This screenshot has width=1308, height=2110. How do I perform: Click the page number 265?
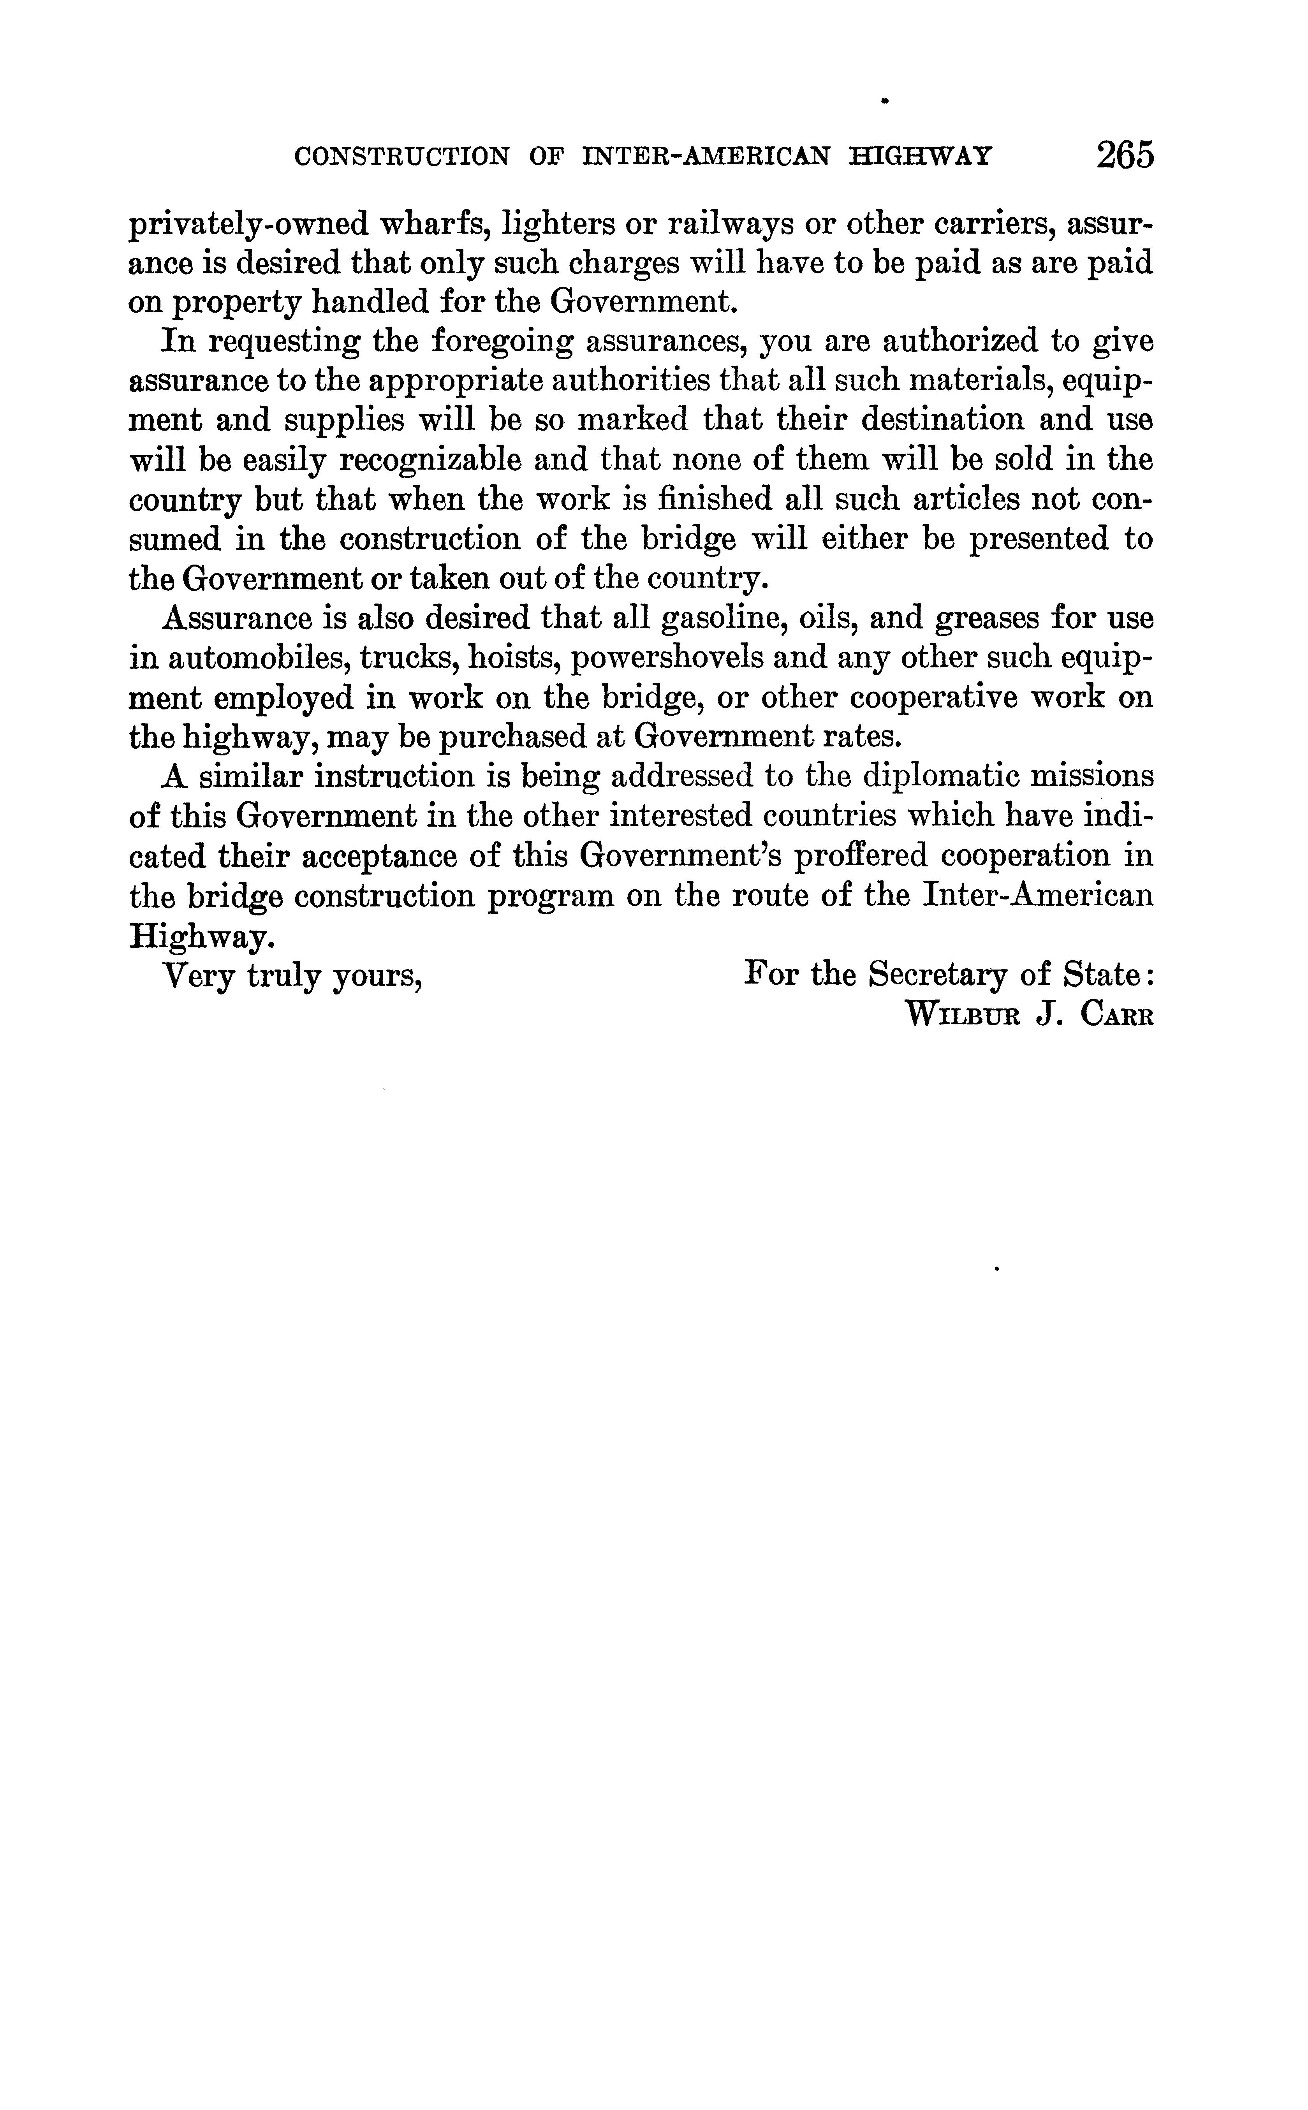[x=1125, y=156]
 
